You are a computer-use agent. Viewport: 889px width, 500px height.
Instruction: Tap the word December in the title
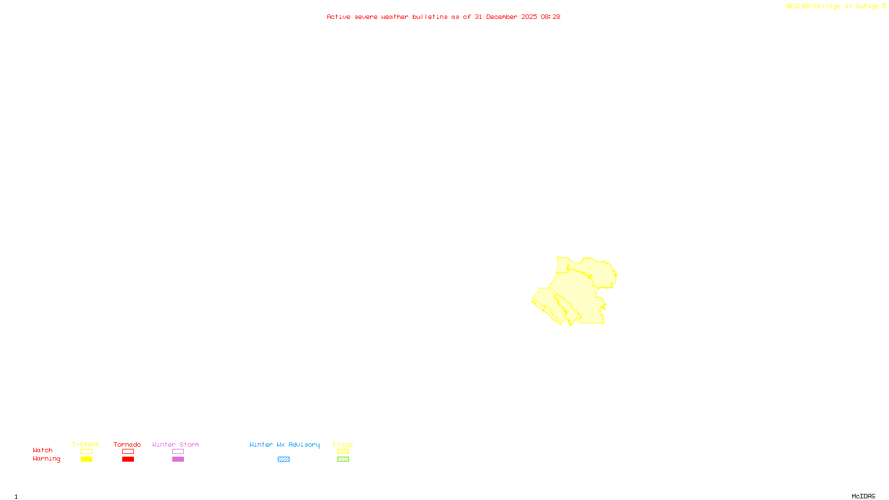click(x=501, y=17)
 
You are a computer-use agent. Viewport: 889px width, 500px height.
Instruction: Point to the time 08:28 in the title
click(x=550, y=17)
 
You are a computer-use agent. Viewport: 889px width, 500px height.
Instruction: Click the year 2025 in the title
click(x=529, y=17)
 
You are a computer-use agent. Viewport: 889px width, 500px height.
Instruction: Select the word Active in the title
click(x=338, y=17)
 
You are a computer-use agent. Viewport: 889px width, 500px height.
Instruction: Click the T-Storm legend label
click(x=86, y=444)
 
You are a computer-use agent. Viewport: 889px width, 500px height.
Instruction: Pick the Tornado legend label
click(x=127, y=444)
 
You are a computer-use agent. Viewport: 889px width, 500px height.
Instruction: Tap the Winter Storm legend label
click(x=176, y=444)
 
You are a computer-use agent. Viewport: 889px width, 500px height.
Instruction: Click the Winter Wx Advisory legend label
click(x=284, y=444)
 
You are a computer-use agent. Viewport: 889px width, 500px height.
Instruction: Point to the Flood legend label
click(x=343, y=444)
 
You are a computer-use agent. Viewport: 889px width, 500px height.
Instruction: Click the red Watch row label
click(x=43, y=450)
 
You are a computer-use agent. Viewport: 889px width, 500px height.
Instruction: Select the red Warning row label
click(x=47, y=459)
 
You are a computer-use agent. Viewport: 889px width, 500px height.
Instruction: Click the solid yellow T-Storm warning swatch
click(x=86, y=459)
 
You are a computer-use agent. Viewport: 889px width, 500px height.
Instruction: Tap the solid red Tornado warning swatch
click(x=128, y=459)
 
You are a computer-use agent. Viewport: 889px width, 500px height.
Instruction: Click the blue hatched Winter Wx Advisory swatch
click(x=283, y=459)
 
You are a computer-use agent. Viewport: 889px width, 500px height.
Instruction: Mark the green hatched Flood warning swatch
click(x=343, y=459)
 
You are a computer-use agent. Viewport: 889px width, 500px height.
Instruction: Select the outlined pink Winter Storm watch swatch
click(x=178, y=452)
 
